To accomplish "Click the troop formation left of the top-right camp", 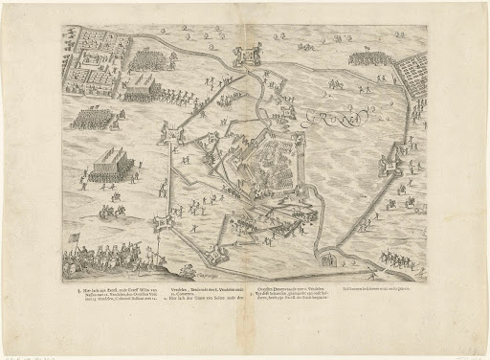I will tap(367, 59).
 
